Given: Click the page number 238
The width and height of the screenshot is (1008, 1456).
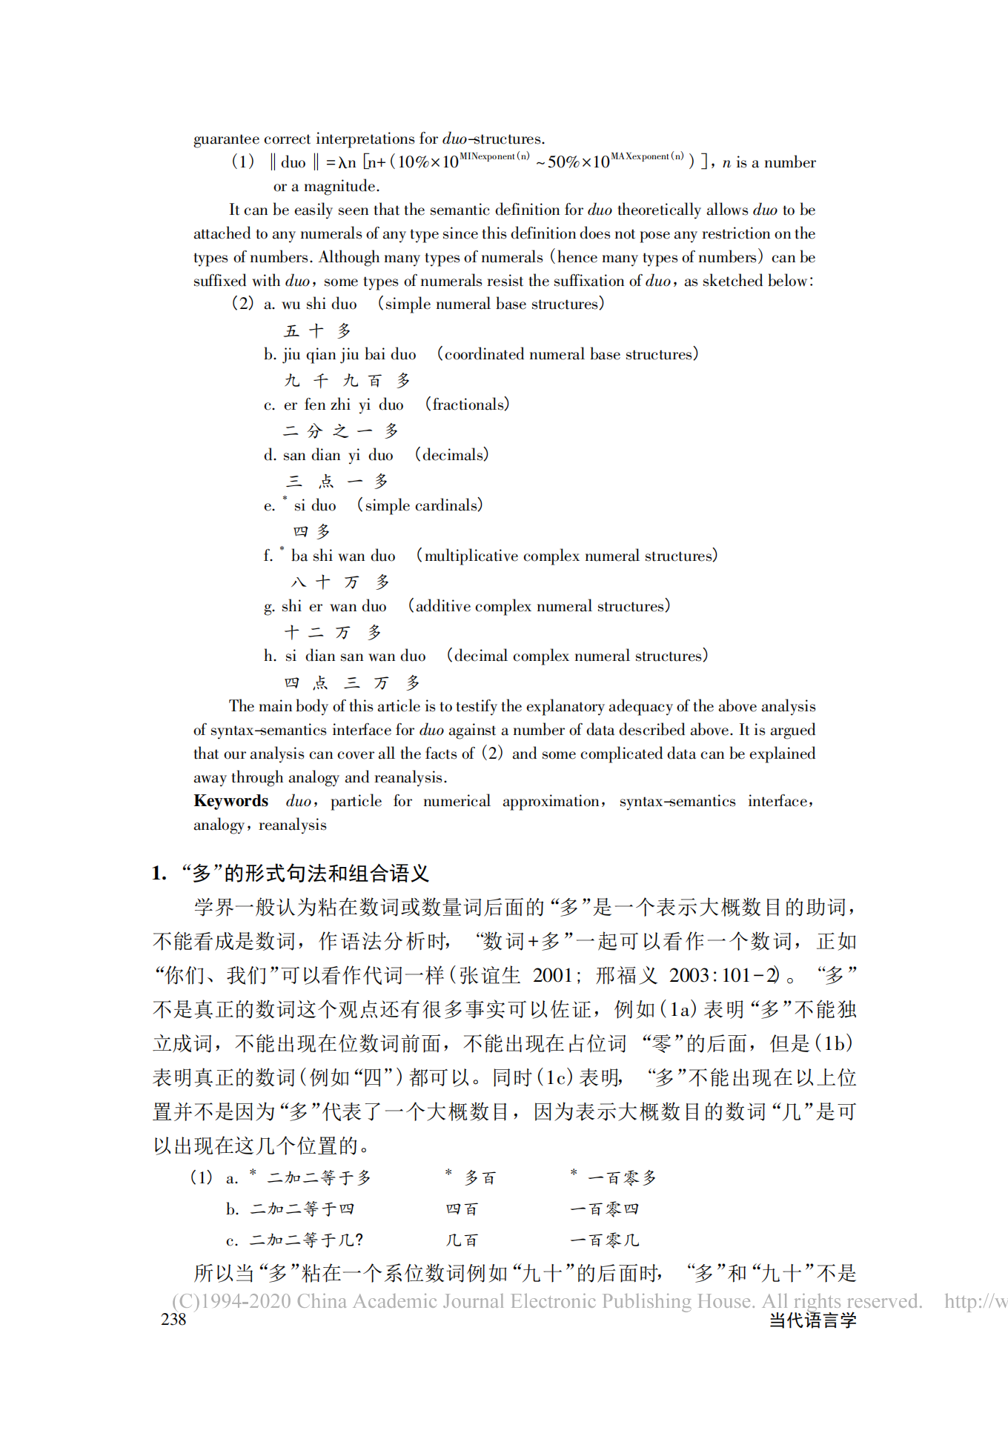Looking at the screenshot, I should click(173, 1319).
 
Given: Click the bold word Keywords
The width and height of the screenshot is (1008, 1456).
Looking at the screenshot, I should click(231, 801).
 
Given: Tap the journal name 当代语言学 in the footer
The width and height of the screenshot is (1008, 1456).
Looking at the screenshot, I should click(812, 1320).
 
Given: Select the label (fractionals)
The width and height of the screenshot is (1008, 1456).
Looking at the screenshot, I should click(467, 405).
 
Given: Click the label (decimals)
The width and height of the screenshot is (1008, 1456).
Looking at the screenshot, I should click(451, 455).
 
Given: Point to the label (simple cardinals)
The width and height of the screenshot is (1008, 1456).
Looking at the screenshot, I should click(420, 505).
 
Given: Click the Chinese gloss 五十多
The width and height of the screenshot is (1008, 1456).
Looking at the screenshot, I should click(317, 330).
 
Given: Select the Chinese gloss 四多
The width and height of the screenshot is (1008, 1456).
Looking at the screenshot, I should click(311, 531).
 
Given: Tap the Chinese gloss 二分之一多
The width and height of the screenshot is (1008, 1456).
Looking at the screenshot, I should click(341, 431).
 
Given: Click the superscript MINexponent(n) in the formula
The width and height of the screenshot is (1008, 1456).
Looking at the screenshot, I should click(494, 156).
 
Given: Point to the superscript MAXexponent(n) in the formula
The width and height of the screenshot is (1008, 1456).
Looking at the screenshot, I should click(647, 156).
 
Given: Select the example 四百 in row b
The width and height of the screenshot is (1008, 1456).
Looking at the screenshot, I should click(462, 1209).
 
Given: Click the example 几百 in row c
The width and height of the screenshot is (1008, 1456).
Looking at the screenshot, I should click(462, 1240).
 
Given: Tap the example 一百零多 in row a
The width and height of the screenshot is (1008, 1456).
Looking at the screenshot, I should click(621, 1178).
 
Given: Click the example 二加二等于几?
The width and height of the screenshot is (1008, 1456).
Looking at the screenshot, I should click(306, 1240).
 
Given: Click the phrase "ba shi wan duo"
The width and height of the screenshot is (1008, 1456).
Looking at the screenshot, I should click(343, 556).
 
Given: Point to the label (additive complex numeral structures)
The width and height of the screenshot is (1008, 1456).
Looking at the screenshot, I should click(539, 606).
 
